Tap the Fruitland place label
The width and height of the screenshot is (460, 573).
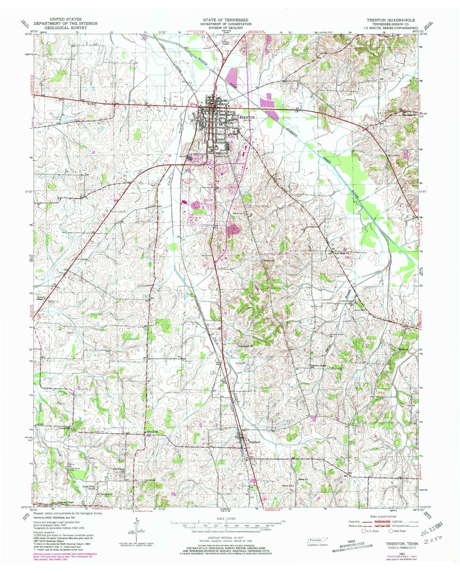[254, 442]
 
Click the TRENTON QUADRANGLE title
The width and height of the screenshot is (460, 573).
[391, 20]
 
